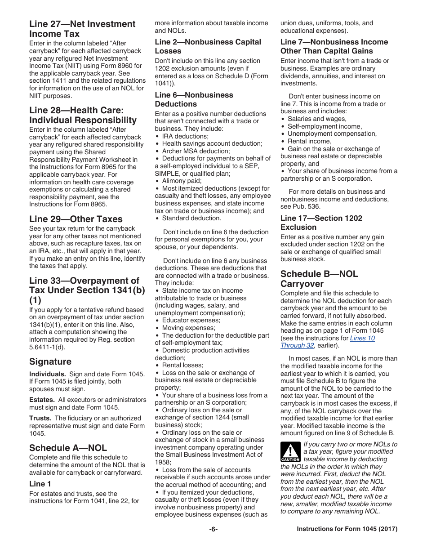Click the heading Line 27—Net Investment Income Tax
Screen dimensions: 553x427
point(82,29)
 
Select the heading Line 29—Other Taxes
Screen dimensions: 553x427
point(76,219)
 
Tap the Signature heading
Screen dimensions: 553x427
point(50,362)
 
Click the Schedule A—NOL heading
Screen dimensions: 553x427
point(68,448)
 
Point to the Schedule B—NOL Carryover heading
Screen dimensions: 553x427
point(319,279)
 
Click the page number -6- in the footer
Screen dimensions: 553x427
point(213,529)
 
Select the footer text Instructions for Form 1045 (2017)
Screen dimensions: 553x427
point(347,529)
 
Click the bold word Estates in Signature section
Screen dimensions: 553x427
point(42,400)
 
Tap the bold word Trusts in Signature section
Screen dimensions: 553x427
point(40,418)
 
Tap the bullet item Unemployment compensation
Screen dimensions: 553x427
point(332,134)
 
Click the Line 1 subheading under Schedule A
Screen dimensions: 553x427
point(40,484)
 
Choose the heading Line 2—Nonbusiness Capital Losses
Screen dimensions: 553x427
point(208,46)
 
